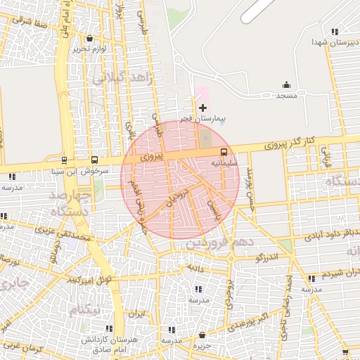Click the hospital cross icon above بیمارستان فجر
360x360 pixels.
click(203, 108)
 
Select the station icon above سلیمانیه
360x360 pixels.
click(224, 152)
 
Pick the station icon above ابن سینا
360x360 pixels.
click(65, 160)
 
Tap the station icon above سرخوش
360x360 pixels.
click(95, 160)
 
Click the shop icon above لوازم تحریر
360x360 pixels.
click(89, 38)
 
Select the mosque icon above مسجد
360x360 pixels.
click(287, 84)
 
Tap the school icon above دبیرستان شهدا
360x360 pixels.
click(335, 31)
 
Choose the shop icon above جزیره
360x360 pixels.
click(202, 335)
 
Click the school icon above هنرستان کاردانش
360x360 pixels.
click(110, 328)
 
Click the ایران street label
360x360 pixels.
click(139, 314)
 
